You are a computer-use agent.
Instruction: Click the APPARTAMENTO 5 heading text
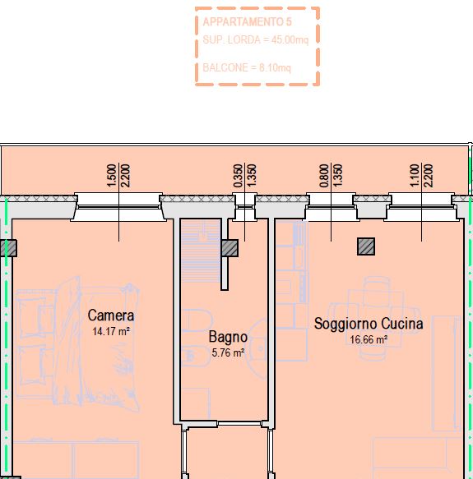247,22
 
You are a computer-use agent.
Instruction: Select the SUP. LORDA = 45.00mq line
256,39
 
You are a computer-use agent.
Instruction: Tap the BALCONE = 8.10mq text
247,67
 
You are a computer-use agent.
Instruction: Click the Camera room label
111,315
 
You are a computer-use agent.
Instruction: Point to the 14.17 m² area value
111,331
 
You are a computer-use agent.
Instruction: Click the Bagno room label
228,337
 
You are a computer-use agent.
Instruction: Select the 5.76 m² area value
228,352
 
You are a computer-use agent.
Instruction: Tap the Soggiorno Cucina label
369,324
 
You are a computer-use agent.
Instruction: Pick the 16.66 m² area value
369,339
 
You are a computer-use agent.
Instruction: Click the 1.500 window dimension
112,176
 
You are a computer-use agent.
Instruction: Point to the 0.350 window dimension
238,176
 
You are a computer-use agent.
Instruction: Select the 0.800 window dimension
324,176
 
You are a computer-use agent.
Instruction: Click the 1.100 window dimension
415,176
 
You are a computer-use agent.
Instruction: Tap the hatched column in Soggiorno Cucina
366,246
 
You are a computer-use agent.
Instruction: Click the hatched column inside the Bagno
230,248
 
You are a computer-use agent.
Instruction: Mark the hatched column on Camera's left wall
8,248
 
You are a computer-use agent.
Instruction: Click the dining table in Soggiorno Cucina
377,317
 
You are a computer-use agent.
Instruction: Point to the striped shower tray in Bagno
201,252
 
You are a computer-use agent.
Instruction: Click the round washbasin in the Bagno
259,349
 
